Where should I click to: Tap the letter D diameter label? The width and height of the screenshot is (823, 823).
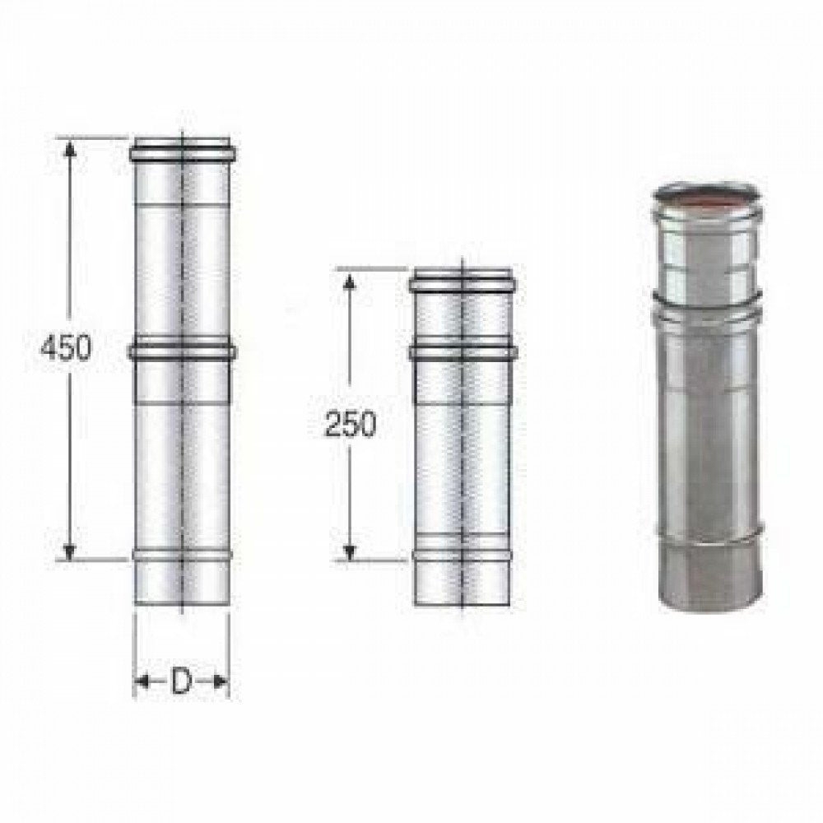pos(181,681)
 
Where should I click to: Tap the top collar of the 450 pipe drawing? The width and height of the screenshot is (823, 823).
pos(181,152)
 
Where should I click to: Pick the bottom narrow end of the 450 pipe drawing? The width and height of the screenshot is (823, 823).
pos(181,584)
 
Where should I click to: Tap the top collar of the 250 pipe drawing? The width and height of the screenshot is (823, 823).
pos(463,282)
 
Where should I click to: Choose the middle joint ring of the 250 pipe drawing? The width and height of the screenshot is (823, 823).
pos(463,351)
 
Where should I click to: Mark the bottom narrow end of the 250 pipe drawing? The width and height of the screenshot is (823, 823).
pos(463,584)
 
